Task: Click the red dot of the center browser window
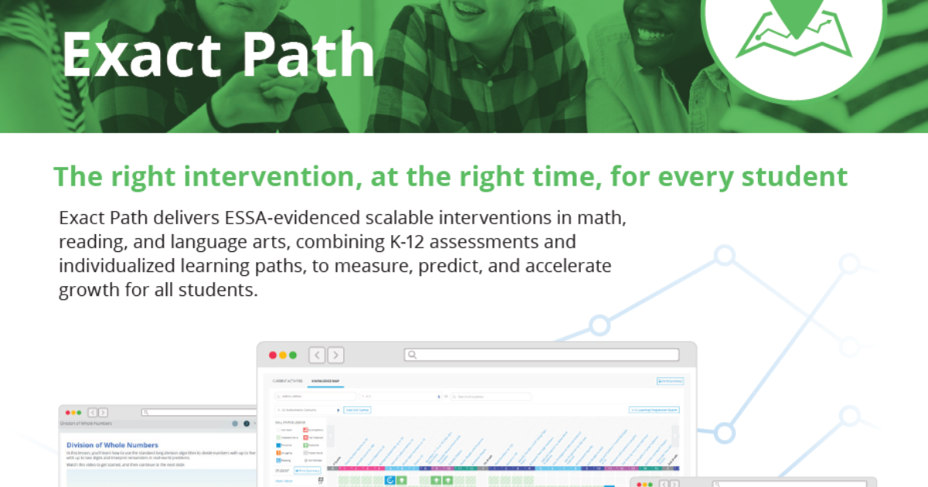pos(272,355)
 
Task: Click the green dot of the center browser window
pos(292,355)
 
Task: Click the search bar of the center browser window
pos(541,355)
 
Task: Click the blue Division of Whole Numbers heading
pos(112,445)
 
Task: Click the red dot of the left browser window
pos(68,413)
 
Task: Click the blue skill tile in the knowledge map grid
pos(390,481)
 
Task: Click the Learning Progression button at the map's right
pos(653,410)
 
